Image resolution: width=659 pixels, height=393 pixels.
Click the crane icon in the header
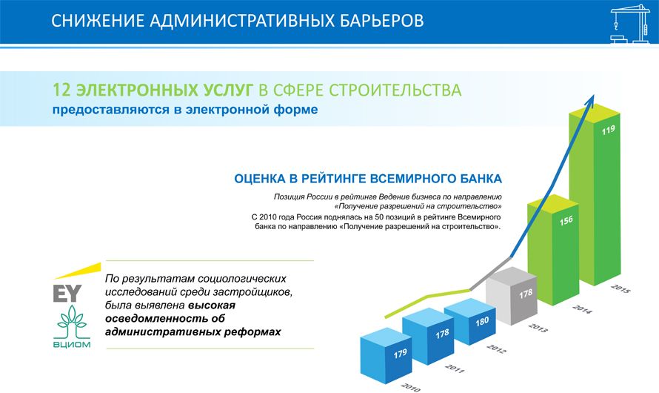tap(630, 24)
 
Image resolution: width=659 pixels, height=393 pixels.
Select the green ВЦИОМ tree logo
tap(72, 327)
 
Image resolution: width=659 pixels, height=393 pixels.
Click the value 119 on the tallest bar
tap(608, 130)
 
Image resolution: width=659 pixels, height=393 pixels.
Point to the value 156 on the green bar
tap(566, 220)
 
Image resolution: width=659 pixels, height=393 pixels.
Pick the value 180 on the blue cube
tap(482, 322)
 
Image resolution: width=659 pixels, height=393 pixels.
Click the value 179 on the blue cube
tap(400, 354)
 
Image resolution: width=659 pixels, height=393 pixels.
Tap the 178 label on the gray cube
tap(526, 294)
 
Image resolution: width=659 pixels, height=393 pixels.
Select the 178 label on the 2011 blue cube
tap(442, 334)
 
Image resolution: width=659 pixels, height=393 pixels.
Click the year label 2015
tap(620, 288)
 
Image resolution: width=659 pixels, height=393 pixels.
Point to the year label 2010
tap(411, 386)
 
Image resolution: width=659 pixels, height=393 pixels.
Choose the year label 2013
tap(538, 327)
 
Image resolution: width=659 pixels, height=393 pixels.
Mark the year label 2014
tap(582, 309)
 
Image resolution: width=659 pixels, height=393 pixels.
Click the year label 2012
tap(496, 349)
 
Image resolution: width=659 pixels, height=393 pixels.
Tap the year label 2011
tap(455, 369)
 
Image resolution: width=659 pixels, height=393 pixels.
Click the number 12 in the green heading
tap(61, 90)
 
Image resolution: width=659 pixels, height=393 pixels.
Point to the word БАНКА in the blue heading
tap(481, 179)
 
